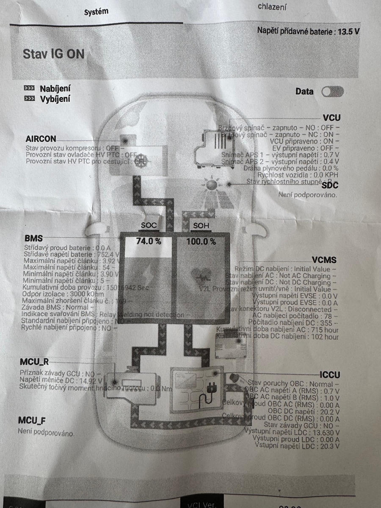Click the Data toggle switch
(333, 91)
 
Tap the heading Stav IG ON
(53, 54)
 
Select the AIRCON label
(41, 139)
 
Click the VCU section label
(331, 118)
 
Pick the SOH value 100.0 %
(202, 242)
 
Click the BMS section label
(33, 238)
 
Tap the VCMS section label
(324, 260)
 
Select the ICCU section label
(330, 375)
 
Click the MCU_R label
(34, 362)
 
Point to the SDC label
(330, 185)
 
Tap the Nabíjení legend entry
(55, 89)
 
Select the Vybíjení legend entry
(55, 99)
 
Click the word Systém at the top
(96, 12)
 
